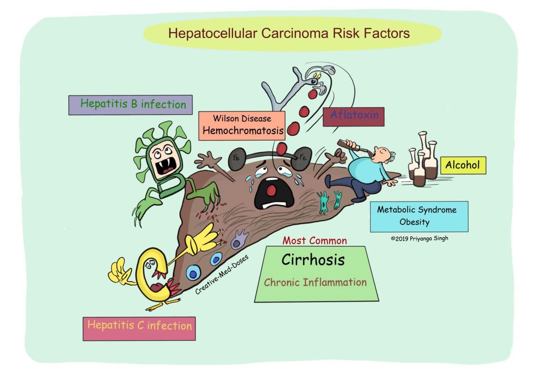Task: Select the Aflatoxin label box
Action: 353,117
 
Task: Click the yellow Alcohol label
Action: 463,165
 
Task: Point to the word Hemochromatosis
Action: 243,131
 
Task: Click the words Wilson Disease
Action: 242,119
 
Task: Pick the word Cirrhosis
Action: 313,260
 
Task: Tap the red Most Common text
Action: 314,240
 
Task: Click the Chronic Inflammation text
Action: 315,282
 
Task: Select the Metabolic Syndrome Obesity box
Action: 419,216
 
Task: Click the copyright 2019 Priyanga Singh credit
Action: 419,239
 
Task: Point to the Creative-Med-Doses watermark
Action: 222,275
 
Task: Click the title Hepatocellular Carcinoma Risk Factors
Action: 289,34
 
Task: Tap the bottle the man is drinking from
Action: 352,145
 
